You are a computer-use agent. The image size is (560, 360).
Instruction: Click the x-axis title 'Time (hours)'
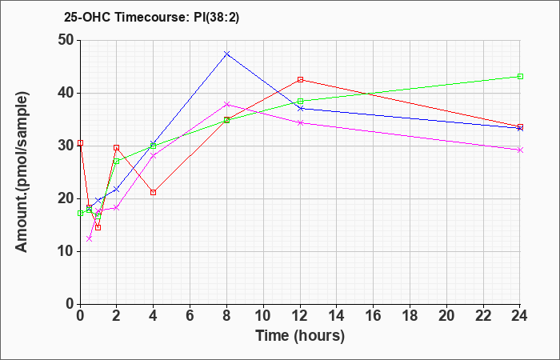click(x=300, y=335)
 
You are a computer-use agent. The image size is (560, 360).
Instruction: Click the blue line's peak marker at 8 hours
click(x=227, y=54)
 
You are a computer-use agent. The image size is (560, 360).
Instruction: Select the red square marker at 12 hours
click(x=300, y=79)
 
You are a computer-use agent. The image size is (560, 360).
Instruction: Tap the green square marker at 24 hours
click(x=520, y=77)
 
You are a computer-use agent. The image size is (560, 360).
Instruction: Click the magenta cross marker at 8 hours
click(x=227, y=104)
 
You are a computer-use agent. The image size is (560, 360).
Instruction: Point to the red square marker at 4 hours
click(x=154, y=192)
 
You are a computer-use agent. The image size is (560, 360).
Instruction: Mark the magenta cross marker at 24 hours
click(x=520, y=150)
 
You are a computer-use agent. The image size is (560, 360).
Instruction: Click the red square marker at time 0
click(x=80, y=143)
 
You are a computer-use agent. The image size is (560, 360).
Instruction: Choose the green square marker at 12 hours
click(x=300, y=102)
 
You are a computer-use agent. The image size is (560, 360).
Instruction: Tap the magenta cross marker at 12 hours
click(x=300, y=122)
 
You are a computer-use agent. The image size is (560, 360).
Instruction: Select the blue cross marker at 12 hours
click(x=300, y=108)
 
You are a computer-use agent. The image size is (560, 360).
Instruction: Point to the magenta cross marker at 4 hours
click(x=154, y=156)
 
